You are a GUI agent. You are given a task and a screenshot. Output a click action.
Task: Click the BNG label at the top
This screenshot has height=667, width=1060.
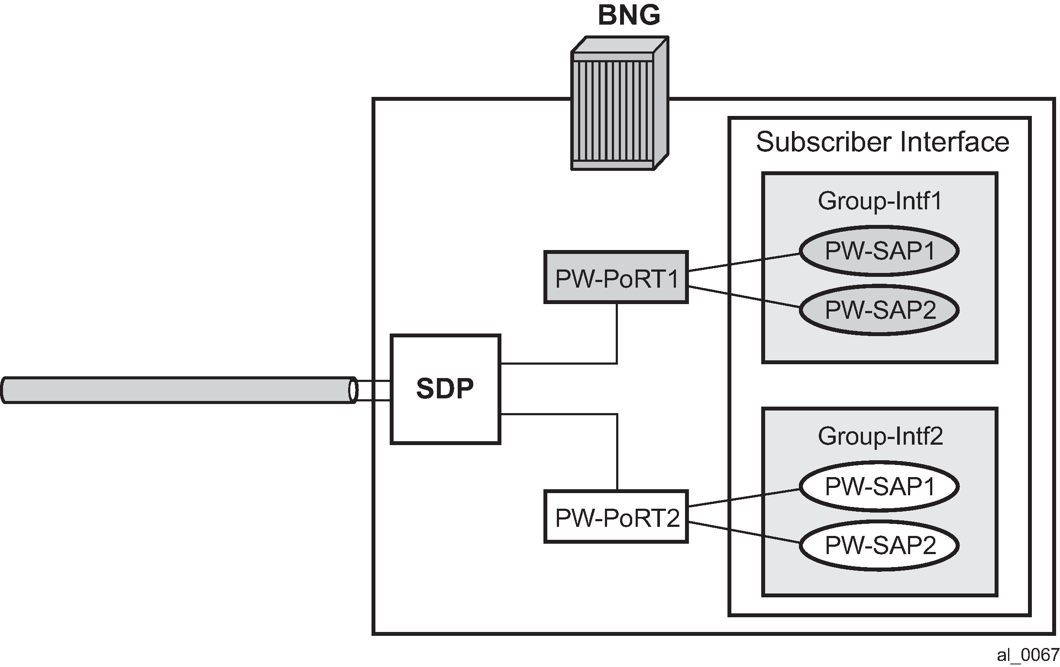pyautogui.click(x=629, y=16)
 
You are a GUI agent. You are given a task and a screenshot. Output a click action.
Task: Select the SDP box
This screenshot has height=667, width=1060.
pyautogui.click(x=445, y=389)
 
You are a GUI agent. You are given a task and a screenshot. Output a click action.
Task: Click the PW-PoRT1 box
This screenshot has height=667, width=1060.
pyautogui.click(x=616, y=277)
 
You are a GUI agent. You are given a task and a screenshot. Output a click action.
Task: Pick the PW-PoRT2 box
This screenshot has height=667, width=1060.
pyautogui.click(x=616, y=517)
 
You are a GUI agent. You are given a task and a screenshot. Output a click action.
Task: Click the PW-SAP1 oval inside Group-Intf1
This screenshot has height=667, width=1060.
pyautogui.click(x=879, y=251)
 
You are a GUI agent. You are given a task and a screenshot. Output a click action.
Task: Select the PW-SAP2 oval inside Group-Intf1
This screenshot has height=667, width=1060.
pyautogui.click(x=879, y=310)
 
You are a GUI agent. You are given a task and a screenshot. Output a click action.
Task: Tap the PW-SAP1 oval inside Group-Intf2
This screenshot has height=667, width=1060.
pyautogui.click(x=879, y=486)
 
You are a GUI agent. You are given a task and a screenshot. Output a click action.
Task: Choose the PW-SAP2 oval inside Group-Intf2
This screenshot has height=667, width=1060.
pyautogui.click(x=879, y=545)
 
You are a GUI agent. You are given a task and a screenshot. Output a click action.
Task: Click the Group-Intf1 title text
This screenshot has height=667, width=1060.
pyautogui.click(x=879, y=202)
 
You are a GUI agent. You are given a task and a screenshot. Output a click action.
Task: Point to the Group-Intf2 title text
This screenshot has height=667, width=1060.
pyautogui.click(x=880, y=436)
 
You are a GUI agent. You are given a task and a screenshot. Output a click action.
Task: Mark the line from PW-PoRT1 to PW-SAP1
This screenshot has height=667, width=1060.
pyautogui.click(x=744, y=262)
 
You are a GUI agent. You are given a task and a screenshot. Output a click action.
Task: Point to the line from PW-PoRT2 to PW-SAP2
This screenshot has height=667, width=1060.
pyautogui.click(x=744, y=532)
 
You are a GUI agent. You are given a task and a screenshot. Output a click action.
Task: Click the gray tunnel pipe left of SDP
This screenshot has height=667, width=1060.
pyautogui.click(x=176, y=390)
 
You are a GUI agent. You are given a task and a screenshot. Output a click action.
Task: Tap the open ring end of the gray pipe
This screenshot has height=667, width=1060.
pyautogui.click(x=353, y=390)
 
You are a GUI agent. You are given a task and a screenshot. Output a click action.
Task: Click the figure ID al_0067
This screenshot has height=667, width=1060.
pyautogui.click(x=1028, y=656)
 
